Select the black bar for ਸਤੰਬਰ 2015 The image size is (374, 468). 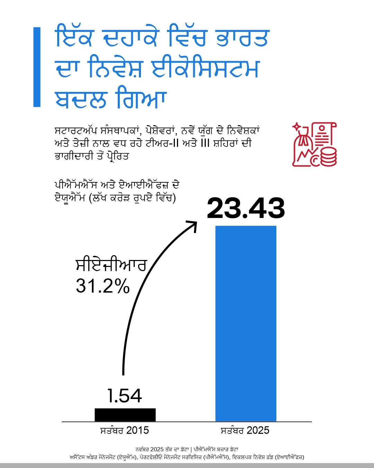pos(125,415)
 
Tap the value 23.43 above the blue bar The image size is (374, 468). pos(246,209)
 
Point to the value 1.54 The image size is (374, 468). pos(125,396)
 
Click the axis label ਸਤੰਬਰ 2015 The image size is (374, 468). pos(125,431)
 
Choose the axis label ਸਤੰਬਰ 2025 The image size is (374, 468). pos(245,431)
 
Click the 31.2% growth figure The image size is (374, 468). pos(103,286)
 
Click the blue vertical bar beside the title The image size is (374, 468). pos(37,67)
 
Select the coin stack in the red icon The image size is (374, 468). pos(328,156)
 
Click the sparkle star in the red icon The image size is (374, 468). pos(297,127)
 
